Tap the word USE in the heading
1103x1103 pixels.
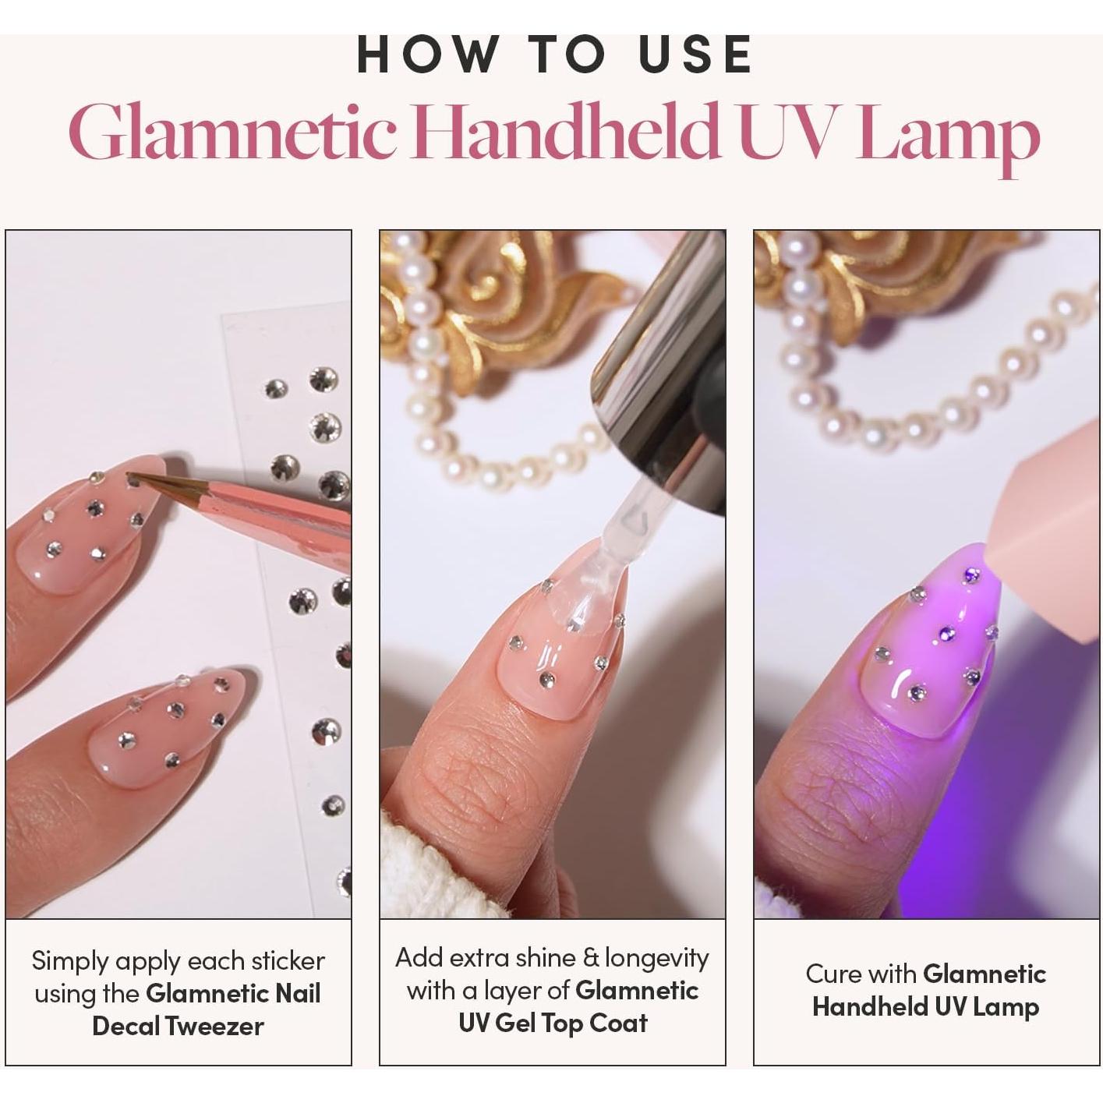tap(695, 55)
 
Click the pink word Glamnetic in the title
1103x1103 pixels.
tap(233, 133)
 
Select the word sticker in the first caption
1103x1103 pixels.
tap(284, 961)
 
